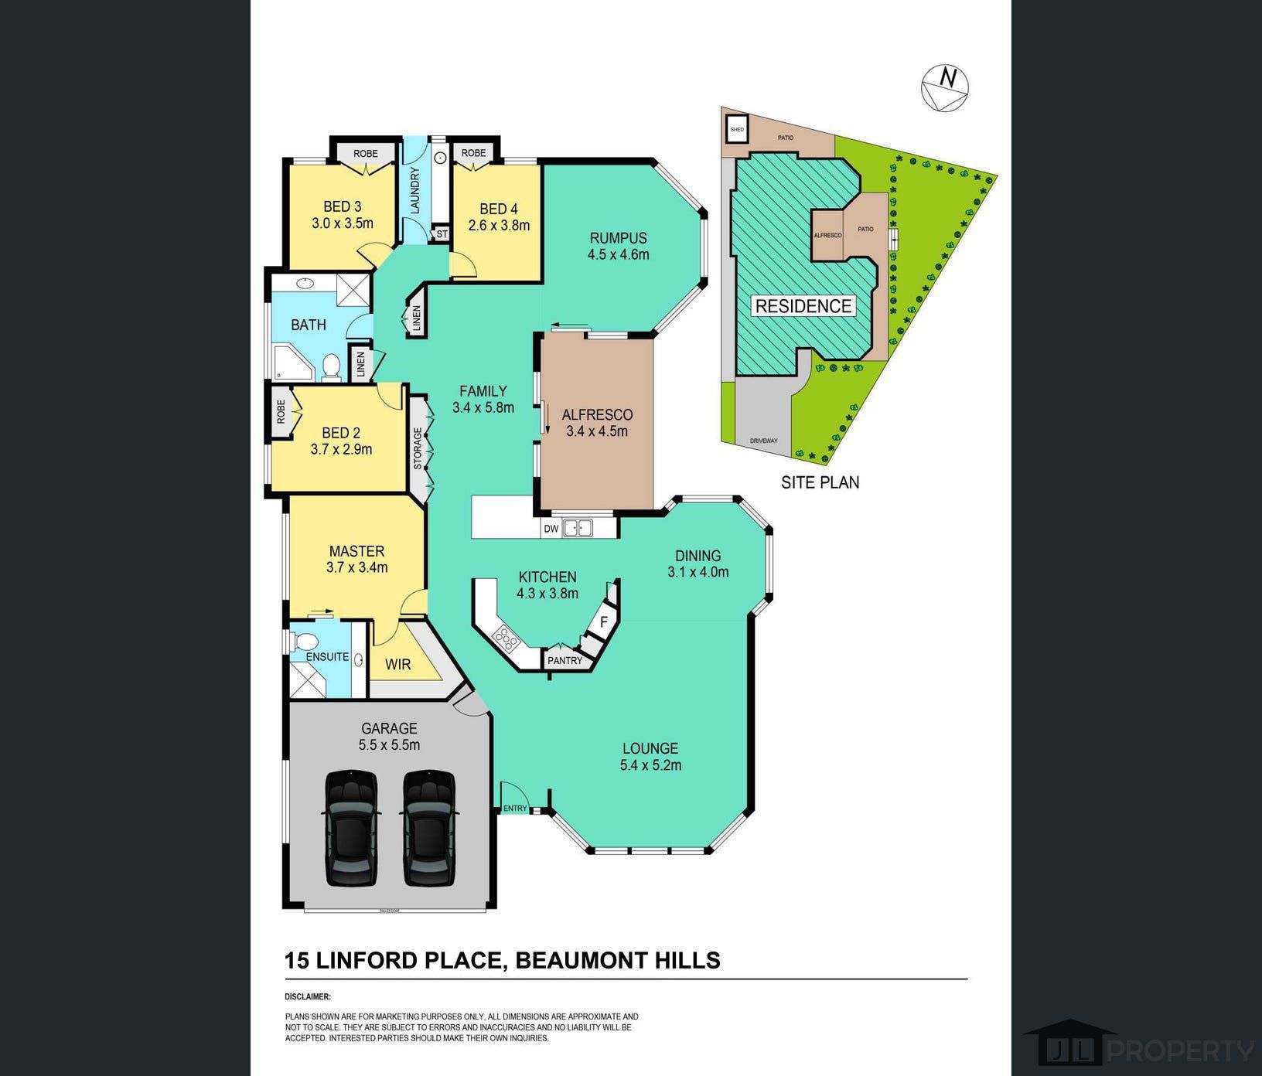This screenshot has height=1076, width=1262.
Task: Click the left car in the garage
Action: [351, 828]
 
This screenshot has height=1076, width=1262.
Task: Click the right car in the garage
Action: [428, 828]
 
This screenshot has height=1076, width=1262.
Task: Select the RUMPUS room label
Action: [618, 238]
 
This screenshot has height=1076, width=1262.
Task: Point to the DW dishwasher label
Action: [551, 529]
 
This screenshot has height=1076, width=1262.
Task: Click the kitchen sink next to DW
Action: [578, 529]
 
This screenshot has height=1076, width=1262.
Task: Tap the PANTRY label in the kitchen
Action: [564, 660]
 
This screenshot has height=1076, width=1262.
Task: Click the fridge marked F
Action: [604, 621]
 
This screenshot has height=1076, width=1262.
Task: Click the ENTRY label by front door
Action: [515, 809]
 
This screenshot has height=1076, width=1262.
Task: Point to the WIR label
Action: [397, 664]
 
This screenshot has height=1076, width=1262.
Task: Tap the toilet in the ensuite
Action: [304, 642]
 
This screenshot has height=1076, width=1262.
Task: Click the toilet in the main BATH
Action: [332, 366]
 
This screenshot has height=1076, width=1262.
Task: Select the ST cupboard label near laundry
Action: [442, 233]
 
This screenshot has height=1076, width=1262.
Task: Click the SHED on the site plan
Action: [738, 129]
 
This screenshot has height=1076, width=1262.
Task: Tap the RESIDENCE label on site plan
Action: [803, 306]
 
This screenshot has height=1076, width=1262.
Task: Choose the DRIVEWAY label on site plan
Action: [763, 441]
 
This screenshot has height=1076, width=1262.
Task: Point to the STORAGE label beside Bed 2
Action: [418, 448]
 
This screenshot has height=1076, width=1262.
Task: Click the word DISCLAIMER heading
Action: [308, 997]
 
